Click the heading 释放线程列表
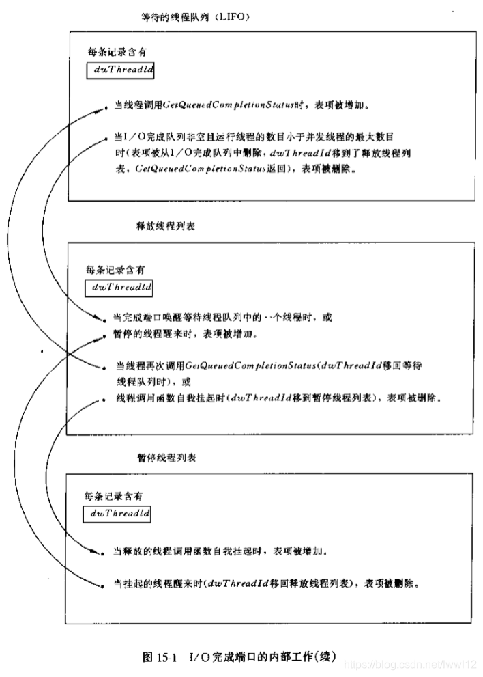[166, 226]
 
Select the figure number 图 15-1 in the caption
[160, 657]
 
